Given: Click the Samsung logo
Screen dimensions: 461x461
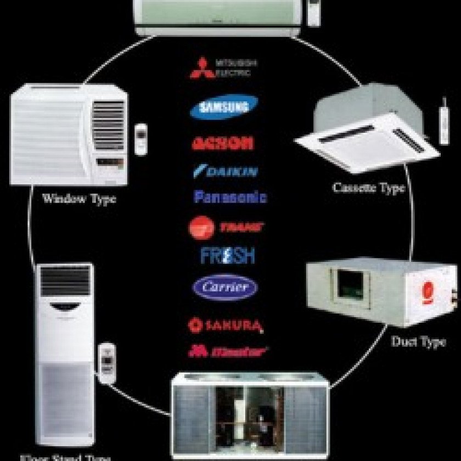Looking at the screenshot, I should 224,107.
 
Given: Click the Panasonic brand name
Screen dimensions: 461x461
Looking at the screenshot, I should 231,196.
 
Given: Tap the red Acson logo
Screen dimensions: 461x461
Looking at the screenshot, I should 223,143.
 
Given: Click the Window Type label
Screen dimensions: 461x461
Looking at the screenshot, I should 79,199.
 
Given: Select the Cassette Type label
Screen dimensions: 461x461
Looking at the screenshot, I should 369,188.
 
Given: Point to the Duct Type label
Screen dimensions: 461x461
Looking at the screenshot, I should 418,341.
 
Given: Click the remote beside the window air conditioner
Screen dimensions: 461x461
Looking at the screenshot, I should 142,139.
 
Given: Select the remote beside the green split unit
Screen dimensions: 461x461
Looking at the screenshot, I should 314,12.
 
